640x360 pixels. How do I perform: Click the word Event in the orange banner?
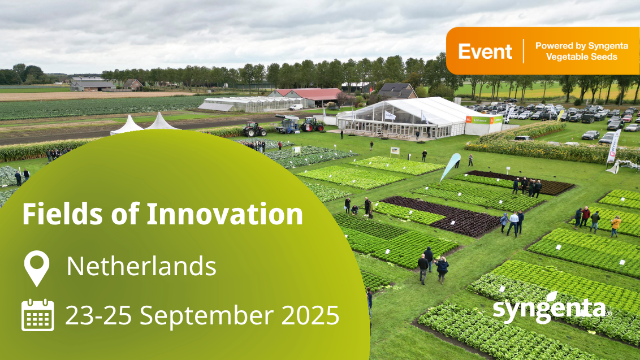click(485, 51)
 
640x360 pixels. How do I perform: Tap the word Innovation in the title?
click(224, 214)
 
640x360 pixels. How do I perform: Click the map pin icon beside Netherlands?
click(37, 268)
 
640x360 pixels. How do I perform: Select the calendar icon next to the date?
click(37, 315)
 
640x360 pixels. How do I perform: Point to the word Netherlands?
click(141, 266)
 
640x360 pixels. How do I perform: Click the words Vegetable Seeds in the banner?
click(582, 57)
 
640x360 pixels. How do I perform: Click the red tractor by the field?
click(254, 129)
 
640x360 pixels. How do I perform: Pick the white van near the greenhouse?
click(296, 107)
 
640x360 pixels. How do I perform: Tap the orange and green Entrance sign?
click(483, 120)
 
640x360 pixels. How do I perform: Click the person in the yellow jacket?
click(615, 226)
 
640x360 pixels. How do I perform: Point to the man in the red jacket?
click(586, 216)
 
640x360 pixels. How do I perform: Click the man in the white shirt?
click(513, 224)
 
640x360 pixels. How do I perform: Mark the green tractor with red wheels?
click(312, 124)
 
